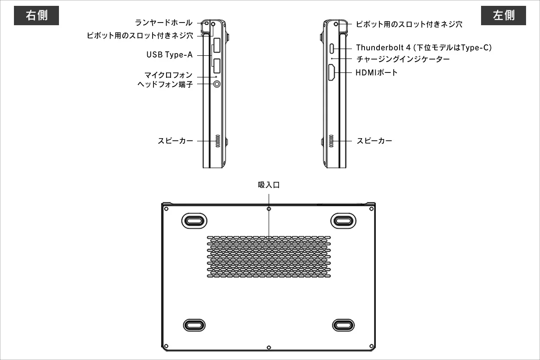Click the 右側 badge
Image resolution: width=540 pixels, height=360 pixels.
point(37,16)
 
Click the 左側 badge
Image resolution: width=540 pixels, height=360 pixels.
point(504,16)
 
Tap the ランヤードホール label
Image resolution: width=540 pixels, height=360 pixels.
point(164,22)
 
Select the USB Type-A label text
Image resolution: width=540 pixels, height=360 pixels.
point(170,55)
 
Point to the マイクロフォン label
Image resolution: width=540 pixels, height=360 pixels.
point(168,75)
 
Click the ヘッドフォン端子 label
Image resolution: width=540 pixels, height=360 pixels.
point(165,84)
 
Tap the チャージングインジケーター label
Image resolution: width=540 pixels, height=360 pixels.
point(403,59)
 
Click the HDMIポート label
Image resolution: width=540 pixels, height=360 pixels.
point(377,72)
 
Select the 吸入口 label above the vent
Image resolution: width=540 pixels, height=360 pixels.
point(269,185)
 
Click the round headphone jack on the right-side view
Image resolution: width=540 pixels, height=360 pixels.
point(217,84)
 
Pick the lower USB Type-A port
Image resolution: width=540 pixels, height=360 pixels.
point(216,66)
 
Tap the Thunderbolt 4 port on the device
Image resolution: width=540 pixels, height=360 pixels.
point(332,48)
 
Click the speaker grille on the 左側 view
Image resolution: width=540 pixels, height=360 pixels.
point(331,141)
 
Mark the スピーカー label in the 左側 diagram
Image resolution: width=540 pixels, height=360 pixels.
point(374,141)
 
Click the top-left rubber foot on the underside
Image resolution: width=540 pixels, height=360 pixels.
point(194,220)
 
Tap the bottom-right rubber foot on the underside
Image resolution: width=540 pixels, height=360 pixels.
point(344,325)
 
